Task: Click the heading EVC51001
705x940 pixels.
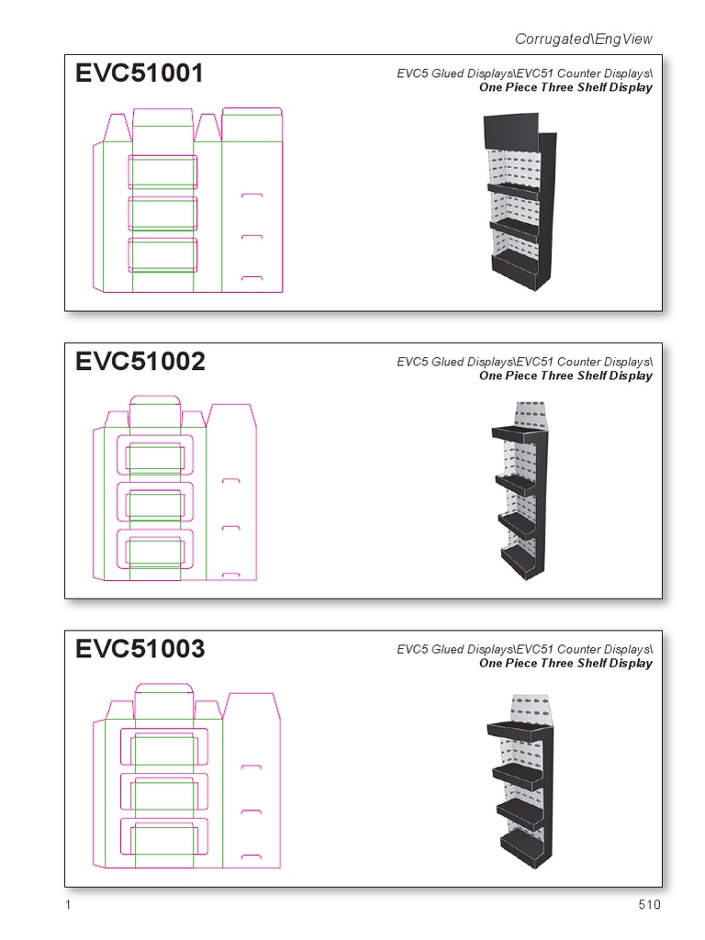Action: [x=140, y=74]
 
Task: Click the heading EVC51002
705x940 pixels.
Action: [x=140, y=362]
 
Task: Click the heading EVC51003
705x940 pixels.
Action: [x=140, y=649]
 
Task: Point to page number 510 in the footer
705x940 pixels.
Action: [x=649, y=905]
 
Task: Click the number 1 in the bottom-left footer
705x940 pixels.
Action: [x=69, y=905]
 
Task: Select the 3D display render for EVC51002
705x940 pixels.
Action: [x=520, y=490]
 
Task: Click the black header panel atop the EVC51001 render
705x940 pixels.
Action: [x=510, y=130]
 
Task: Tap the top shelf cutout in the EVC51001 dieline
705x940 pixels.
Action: [x=163, y=172]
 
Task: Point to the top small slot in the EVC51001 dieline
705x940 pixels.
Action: [x=252, y=196]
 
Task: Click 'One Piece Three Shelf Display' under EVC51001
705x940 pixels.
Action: [x=565, y=88]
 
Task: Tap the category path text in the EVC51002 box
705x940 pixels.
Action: [x=524, y=362]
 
